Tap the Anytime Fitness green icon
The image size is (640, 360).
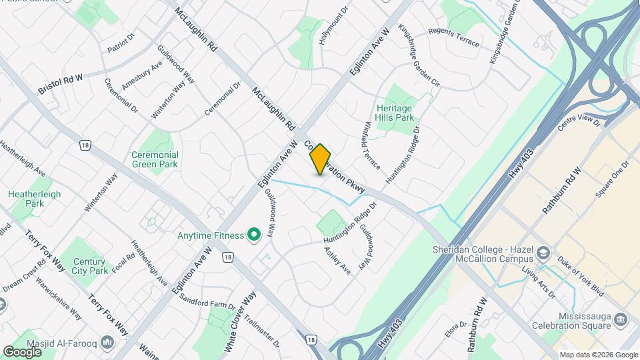point(253,235)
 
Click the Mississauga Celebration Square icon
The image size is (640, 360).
point(621,319)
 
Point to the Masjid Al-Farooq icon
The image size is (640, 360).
point(109,341)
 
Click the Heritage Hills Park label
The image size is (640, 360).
point(395,113)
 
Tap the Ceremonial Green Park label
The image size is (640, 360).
point(155,159)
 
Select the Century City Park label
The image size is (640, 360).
point(90,267)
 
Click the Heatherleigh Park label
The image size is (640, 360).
point(35,199)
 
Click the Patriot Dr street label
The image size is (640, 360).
point(121,43)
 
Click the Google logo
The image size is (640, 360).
point(22,351)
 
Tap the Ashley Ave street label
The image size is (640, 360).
point(337,261)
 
